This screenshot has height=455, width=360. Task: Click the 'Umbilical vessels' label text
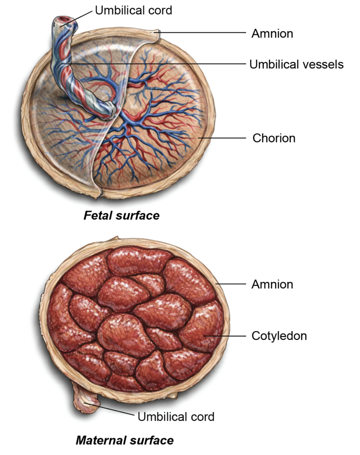point(296,64)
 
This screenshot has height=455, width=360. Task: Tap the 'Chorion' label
point(274,138)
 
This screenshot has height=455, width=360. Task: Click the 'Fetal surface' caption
point(121,216)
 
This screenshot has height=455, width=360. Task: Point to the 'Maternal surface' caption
point(124,440)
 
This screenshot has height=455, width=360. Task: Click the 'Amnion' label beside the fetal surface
point(272,33)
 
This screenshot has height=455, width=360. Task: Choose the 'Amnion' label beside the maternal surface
point(272,284)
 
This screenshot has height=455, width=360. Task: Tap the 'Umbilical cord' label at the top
point(133,10)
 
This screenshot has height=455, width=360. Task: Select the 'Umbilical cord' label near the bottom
point(176,417)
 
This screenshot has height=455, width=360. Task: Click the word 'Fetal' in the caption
point(97,216)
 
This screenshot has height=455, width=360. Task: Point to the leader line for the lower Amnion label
point(231,284)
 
